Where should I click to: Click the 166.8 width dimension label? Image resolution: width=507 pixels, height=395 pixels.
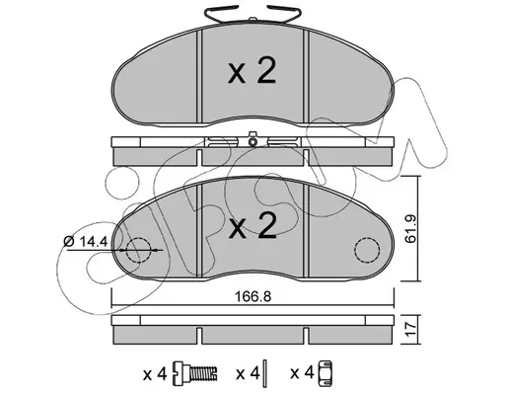pyautogui.click(x=253, y=297)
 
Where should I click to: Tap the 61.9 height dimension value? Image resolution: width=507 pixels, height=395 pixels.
pyautogui.click(x=410, y=229)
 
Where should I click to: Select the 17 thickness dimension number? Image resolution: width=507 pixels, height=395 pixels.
pyautogui.click(x=411, y=330)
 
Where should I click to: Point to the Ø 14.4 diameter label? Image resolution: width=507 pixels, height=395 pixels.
pyautogui.click(x=86, y=242)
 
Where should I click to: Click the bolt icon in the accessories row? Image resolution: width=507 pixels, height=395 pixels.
pyautogui.click(x=195, y=373)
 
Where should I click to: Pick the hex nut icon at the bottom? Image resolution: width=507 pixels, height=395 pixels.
pyautogui.click(x=326, y=373)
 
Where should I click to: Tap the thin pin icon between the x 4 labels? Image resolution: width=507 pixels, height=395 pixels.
pyautogui.click(x=266, y=373)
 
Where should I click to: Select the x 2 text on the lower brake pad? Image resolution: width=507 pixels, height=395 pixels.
pyautogui.click(x=253, y=225)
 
